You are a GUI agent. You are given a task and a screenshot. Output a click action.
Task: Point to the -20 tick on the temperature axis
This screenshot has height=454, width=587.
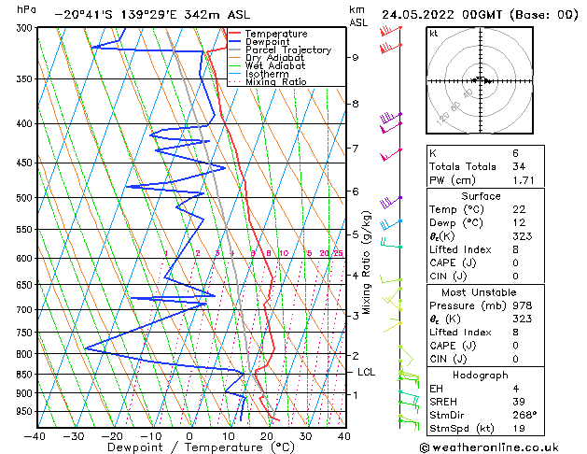tap(112, 435)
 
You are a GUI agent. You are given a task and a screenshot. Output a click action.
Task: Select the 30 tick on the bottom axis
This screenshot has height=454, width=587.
tap(305, 435)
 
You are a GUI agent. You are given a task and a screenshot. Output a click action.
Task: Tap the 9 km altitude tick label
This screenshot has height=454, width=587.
tap(355, 57)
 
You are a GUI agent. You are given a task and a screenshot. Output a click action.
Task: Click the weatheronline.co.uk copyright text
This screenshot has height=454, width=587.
tap(501, 445)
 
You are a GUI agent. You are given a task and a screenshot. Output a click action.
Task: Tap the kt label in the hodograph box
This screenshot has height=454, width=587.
tap(434, 33)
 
